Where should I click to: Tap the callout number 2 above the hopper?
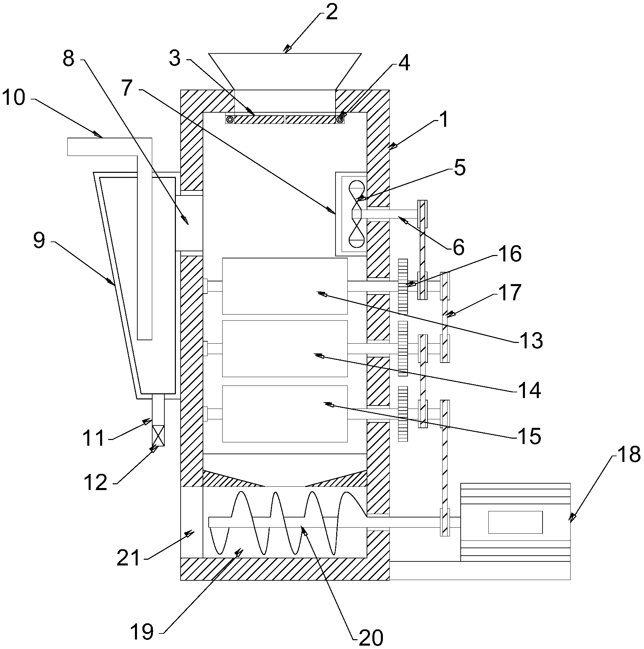pos(331,13)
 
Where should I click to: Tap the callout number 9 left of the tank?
pos(39,241)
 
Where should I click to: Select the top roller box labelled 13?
pos(284,286)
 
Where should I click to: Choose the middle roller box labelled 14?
pos(284,348)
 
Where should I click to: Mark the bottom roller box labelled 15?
pos(284,414)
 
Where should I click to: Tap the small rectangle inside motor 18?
pos(515,522)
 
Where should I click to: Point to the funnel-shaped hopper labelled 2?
pos(285,71)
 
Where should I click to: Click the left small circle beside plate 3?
pos(230,119)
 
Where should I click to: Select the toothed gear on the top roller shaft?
pos(403,286)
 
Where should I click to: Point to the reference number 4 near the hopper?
pos(404,63)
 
